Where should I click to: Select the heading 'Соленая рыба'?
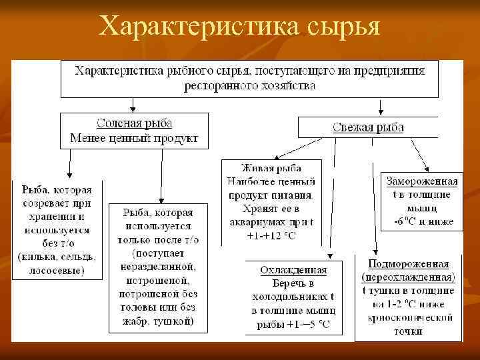coord(134,124)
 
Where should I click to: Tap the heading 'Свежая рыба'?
coord(367,127)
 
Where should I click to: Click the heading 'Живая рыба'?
coord(271,168)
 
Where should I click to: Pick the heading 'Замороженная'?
coord(422,181)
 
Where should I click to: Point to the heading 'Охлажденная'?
coord(293,270)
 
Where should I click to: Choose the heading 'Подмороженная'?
coord(408,265)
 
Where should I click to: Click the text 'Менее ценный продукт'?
coord(134,139)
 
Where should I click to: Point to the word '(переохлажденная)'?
coord(408,277)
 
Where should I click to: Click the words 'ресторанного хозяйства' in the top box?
coord(250,86)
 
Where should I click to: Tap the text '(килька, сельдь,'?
coord(57,257)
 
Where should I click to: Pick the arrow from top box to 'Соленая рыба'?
coord(134,105)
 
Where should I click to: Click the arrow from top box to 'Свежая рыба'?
coord(381,107)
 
